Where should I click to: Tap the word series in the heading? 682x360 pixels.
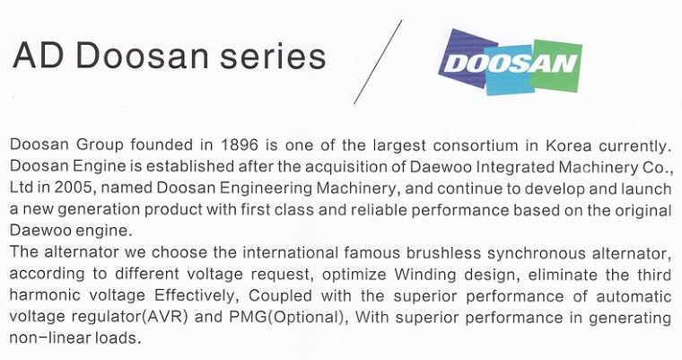(273, 57)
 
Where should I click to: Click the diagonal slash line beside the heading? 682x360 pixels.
(378, 62)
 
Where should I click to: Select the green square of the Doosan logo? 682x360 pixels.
(555, 66)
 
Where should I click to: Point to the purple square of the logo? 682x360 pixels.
(465, 57)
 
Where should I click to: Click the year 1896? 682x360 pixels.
(240, 145)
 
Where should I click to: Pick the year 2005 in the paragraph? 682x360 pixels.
(73, 188)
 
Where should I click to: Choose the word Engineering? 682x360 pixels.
(266, 188)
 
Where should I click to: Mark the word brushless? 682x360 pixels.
(443, 252)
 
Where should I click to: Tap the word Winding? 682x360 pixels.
(425, 275)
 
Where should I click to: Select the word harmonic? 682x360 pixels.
(45, 295)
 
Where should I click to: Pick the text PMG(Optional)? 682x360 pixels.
(286, 317)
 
